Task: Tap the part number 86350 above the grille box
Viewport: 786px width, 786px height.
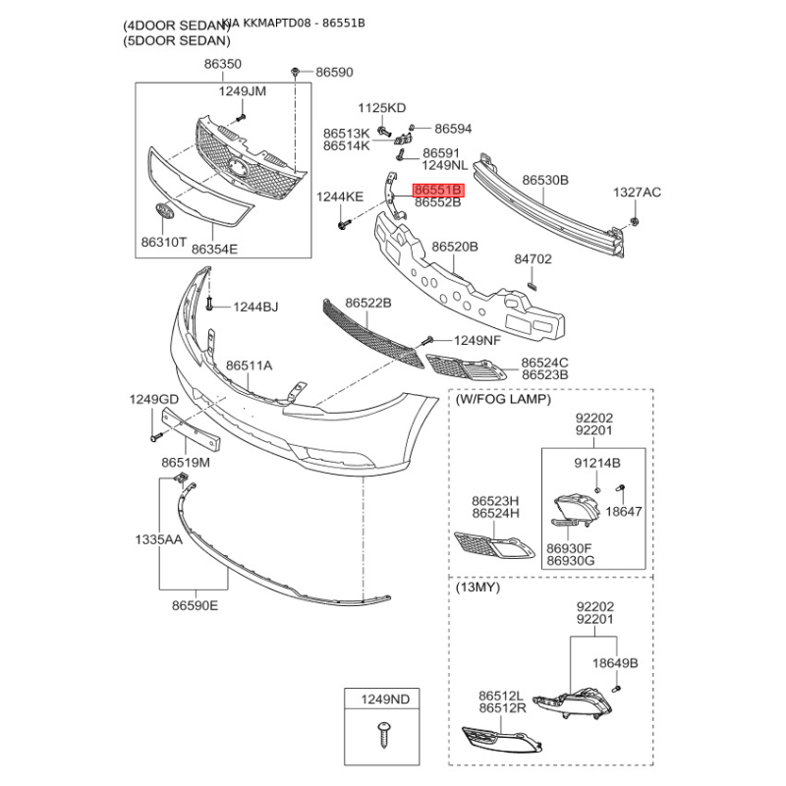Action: (222, 64)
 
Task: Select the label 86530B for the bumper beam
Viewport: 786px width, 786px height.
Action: (545, 181)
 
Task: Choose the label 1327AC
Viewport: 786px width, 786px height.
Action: (638, 192)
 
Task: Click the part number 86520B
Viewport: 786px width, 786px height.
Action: (455, 247)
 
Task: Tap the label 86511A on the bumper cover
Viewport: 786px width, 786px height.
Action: (250, 365)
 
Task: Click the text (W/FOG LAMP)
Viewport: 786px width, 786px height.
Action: (503, 399)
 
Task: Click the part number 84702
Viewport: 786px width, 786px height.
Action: (533, 260)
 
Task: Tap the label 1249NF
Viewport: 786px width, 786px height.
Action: (477, 341)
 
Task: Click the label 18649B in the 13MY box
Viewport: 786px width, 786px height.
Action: (614, 663)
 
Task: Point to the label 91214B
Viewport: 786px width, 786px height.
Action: (596, 461)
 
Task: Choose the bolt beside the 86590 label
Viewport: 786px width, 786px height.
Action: (296, 72)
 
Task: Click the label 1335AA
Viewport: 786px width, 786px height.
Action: (158, 539)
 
